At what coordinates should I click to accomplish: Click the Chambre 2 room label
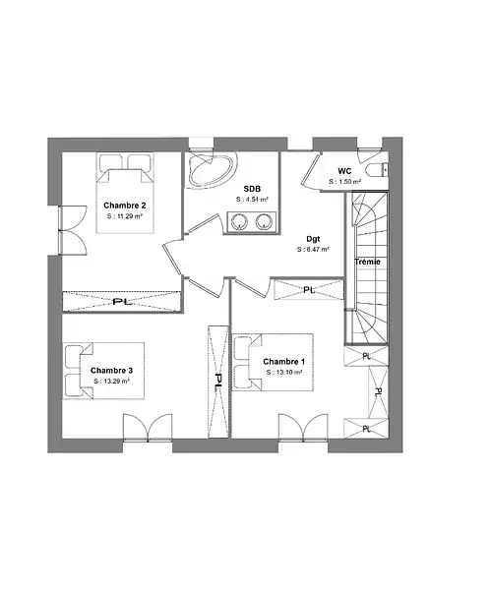click(125, 206)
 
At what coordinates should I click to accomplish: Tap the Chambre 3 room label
click(111, 371)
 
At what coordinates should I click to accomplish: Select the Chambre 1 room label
click(284, 362)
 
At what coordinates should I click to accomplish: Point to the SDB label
click(252, 189)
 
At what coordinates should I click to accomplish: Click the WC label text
click(344, 171)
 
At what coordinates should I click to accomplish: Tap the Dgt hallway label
click(313, 239)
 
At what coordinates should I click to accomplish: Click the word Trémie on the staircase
click(367, 262)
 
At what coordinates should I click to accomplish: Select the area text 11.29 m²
click(125, 216)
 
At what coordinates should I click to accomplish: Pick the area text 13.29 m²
click(111, 382)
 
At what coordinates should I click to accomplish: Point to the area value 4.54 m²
click(252, 200)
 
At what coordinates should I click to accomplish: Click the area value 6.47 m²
click(313, 250)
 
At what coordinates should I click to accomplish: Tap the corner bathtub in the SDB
click(212, 169)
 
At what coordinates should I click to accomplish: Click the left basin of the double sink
click(238, 221)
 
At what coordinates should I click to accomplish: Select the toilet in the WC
click(377, 170)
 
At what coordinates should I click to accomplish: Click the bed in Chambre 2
click(125, 193)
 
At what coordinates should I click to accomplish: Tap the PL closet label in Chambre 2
click(123, 302)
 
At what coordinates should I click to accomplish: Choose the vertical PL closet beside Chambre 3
click(218, 382)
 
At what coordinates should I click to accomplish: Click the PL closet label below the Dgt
click(309, 290)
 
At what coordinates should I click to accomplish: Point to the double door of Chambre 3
click(148, 427)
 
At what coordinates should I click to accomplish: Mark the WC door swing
click(311, 170)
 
